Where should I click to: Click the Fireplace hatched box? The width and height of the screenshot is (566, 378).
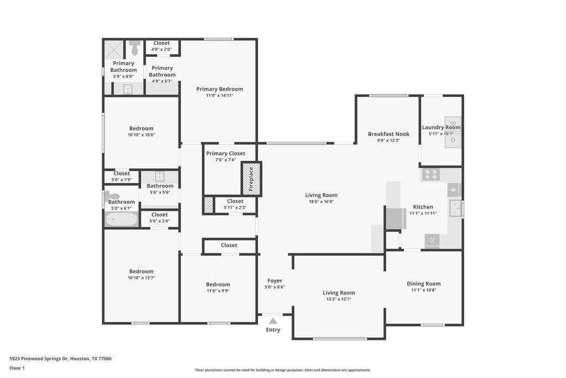251,179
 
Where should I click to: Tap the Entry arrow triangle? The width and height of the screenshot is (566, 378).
273,320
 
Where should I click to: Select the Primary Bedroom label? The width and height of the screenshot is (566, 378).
219,89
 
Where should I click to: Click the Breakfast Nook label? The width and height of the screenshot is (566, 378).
389,134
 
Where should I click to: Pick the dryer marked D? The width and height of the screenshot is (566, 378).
453,140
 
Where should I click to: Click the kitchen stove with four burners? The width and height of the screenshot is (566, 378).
431,174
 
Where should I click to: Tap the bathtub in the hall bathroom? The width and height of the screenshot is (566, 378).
121,219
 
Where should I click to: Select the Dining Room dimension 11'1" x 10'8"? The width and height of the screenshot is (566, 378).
424,290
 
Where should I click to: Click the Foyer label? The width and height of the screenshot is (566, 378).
275,281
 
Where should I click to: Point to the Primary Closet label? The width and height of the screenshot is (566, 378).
226,153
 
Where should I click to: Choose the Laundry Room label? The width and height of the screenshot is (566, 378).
441,127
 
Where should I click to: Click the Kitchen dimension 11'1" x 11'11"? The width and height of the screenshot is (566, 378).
423,213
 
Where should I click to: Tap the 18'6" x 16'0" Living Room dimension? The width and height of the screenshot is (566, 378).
321,201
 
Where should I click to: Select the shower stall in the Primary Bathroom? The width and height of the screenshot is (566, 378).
114,49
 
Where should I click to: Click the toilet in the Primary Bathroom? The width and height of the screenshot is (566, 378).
135,48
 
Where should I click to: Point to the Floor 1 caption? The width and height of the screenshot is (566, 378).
17,368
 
